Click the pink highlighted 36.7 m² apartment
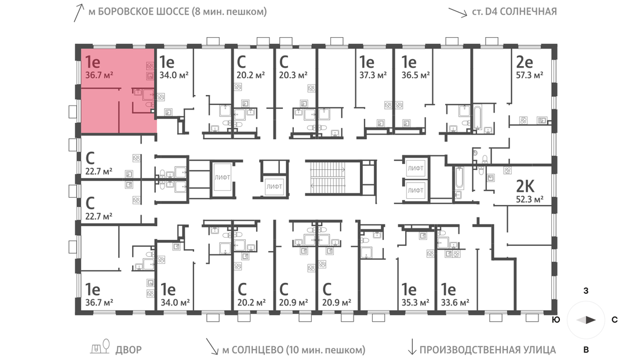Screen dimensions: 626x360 pos(119,91)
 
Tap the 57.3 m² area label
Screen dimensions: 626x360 pos(529,75)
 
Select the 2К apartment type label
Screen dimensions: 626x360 pos(525,186)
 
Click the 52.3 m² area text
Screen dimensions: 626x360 pos(529,199)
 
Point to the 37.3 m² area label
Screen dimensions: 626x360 pos(373,75)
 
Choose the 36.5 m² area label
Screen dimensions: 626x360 pos(415,75)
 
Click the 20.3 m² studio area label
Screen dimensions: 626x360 pos(293,75)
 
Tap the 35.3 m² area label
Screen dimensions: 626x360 pos(415,303)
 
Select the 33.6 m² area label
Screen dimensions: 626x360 pos(455,303)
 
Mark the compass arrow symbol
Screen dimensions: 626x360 pos(586,319)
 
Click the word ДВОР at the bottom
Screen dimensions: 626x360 pos(129,350)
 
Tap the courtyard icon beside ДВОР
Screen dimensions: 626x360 pos(100,347)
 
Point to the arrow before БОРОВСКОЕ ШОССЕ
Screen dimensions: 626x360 pos(79,13)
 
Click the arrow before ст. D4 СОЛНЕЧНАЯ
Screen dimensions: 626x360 pos(457,12)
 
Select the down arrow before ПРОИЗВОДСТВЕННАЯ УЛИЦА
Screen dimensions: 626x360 pos(412,347)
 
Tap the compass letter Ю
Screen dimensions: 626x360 pos(555,319)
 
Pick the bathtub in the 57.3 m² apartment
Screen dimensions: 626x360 pos(478,118)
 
